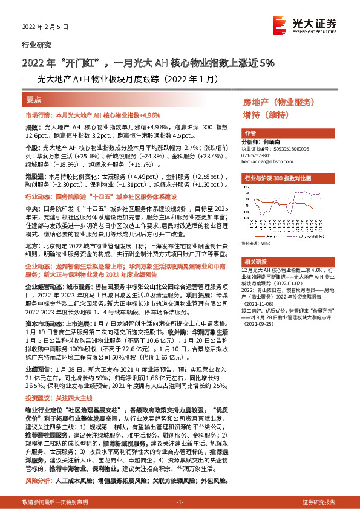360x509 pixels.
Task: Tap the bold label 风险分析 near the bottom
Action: [38, 481]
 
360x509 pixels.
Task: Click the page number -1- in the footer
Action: [180, 502]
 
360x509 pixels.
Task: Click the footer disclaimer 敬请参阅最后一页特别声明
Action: [54, 502]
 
